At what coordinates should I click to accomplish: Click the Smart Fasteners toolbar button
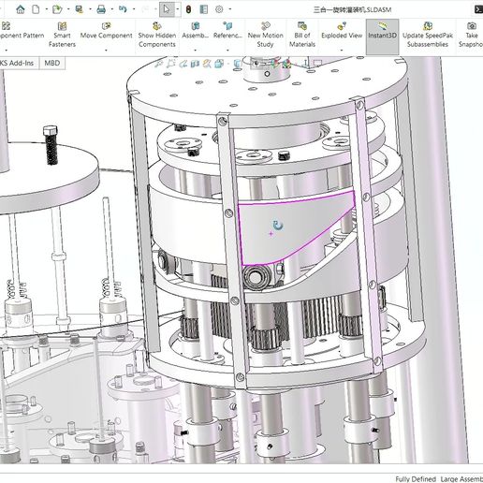(64, 37)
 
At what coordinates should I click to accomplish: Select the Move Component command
(106, 35)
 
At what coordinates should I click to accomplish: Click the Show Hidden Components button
(156, 37)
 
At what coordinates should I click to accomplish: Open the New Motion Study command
(266, 37)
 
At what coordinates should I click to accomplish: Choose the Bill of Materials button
(301, 37)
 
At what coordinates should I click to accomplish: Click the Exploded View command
(342, 35)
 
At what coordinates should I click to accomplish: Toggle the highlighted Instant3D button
(382, 35)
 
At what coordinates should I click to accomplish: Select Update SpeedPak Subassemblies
(428, 37)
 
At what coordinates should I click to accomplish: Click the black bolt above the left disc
(51, 149)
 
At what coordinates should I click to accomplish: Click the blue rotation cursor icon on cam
(277, 226)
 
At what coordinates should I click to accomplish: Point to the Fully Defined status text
(416, 477)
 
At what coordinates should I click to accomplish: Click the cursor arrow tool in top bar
(165, 8)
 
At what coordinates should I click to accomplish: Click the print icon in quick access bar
(77, 8)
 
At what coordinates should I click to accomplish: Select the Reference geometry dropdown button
(227, 37)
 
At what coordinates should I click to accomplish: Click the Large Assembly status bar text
(462, 477)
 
